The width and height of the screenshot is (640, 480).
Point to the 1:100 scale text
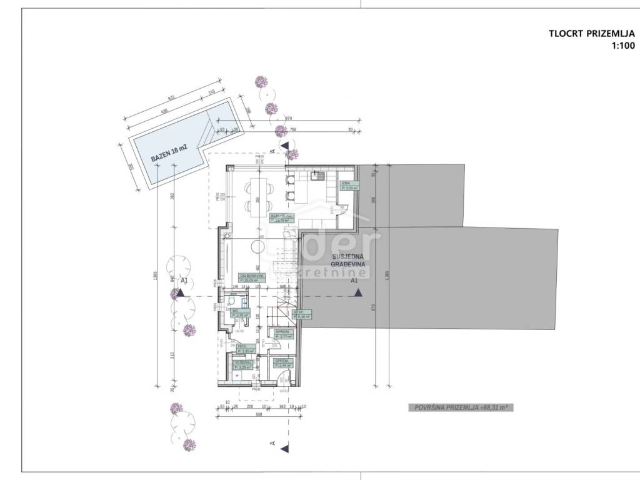click(622, 46)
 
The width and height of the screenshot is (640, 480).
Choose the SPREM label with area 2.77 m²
click(282, 334)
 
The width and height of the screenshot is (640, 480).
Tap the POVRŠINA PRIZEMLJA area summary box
click(460, 407)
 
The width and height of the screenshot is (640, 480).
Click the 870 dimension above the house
click(289, 117)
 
